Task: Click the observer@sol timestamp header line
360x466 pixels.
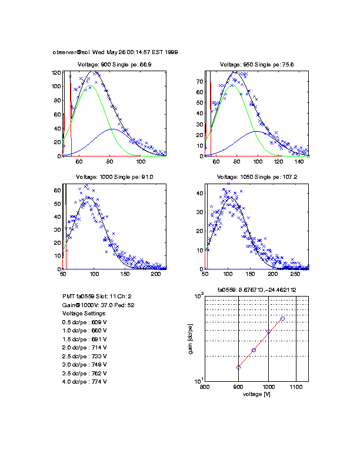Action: click(x=115, y=52)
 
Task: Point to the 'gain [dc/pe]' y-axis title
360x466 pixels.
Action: click(x=190, y=339)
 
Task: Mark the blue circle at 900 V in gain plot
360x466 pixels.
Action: click(x=238, y=367)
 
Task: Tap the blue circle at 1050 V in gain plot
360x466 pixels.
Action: click(x=282, y=318)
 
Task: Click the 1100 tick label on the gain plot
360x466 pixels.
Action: click(x=296, y=387)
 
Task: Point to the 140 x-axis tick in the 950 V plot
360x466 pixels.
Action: click(x=298, y=161)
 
